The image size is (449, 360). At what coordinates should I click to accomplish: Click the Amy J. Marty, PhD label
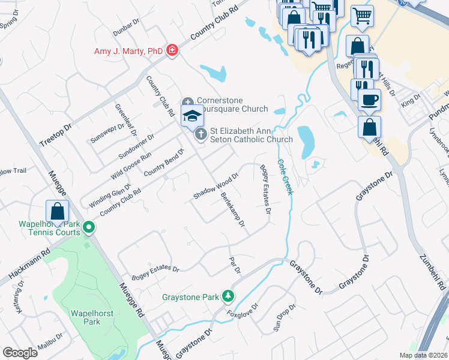[x=128, y=51]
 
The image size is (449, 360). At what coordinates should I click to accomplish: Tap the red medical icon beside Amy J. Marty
[x=172, y=50]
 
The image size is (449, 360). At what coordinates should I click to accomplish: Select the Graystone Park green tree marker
[x=228, y=296]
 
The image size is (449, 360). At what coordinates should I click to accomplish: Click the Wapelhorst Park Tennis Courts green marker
[x=89, y=227]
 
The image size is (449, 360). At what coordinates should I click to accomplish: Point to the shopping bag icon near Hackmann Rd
[x=57, y=211]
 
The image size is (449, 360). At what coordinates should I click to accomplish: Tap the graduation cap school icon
[x=193, y=116]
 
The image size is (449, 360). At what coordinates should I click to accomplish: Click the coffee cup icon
[x=369, y=99]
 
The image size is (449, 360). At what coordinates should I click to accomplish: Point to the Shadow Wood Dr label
[x=215, y=186]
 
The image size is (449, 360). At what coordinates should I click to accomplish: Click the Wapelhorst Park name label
[x=83, y=317]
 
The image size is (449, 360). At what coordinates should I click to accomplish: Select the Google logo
[x=20, y=353]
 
